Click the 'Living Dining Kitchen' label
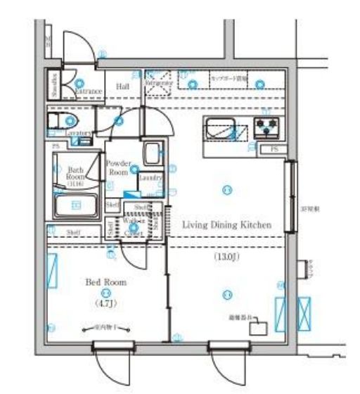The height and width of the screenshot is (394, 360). [226, 225]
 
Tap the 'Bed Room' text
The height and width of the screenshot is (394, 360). [105, 282]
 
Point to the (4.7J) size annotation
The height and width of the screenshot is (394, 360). [105, 305]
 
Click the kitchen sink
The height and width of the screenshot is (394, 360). [226, 130]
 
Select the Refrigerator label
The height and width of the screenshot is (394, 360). [159, 83]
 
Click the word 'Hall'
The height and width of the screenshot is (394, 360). [122, 87]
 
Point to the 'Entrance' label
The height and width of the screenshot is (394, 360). [89, 91]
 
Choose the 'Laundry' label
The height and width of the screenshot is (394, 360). [150, 178]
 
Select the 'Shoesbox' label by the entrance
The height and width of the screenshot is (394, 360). [53, 85]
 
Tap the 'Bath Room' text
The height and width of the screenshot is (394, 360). [75, 174]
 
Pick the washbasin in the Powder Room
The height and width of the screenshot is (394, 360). [150, 153]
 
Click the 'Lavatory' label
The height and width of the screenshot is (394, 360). [79, 132]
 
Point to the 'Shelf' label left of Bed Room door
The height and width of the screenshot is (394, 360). [72, 231]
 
